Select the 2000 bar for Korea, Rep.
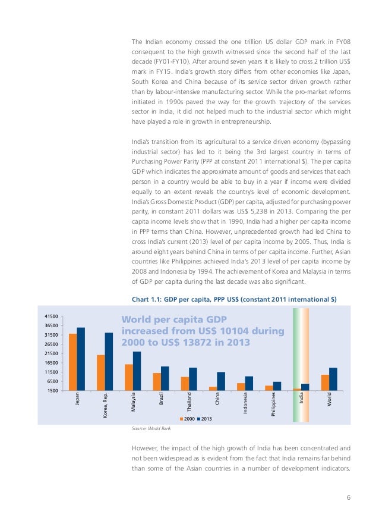[x=101, y=372]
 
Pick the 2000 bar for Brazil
[x=157, y=381]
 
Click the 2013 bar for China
[x=221, y=381]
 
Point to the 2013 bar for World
[x=333, y=379]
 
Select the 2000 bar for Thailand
[x=185, y=383]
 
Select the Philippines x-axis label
[x=273, y=405]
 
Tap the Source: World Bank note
[x=149, y=428]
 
